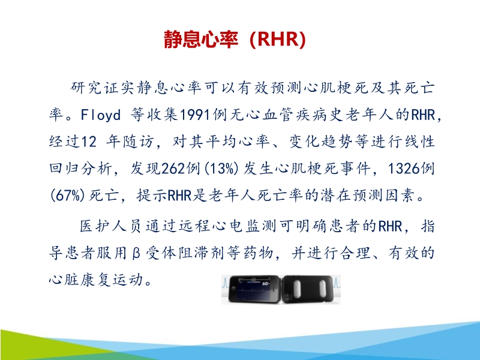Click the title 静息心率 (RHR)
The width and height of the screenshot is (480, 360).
235,39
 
